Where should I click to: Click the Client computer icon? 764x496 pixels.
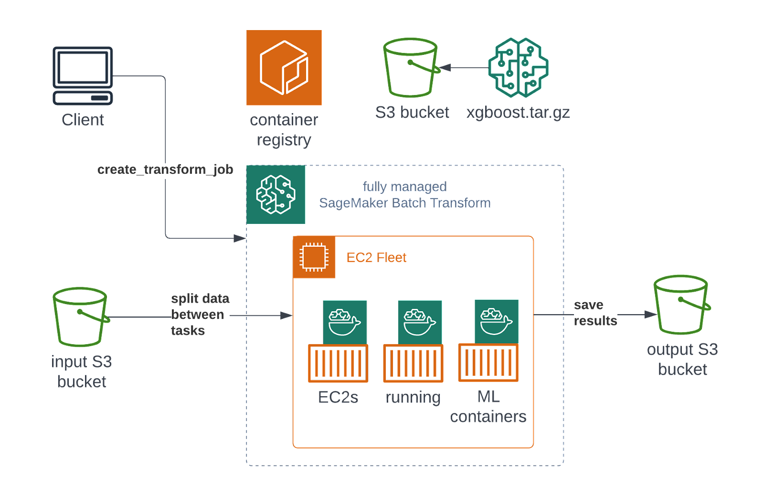pyautogui.click(x=83, y=75)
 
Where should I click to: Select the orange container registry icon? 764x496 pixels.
pyautogui.click(x=284, y=68)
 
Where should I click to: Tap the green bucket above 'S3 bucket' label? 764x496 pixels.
pyautogui.click(x=411, y=67)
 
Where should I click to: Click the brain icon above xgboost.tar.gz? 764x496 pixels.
pyautogui.click(x=518, y=67)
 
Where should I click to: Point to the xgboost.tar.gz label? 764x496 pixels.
pyautogui.click(x=518, y=113)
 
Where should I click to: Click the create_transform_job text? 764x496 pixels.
pyautogui.click(x=165, y=169)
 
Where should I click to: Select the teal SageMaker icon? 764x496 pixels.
pyautogui.click(x=276, y=195)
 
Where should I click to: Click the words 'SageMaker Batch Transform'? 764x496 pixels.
pyautogui.click(x=404, y=203)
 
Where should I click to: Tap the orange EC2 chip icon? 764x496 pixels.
pyautogui.click(x=314, y=257)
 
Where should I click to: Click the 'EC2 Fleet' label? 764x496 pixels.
pyautogui.click(x=376, y=257)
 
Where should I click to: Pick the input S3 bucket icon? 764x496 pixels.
pyautogui.click(x=80, y=317)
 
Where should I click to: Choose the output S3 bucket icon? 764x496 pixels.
pyautogui.click(x=681, y=304)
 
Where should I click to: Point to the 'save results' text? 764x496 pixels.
pyautogui.click(x=595, y=313)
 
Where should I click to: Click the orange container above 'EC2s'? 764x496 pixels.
pyautogui.click(x=338, y=363)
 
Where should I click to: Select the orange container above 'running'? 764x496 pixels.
pyautogui.click(x=413, y=363)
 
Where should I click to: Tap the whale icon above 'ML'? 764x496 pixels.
pyautogui.click(x=497, y=321)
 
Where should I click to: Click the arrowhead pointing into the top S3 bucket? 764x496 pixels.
pyautogui.click(x=446, y=68)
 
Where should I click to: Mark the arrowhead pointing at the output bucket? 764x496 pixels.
pyautogui.click(x=650, y=315)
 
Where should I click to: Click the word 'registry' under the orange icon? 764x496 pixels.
pyautogui.click(x=284, y=140)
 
